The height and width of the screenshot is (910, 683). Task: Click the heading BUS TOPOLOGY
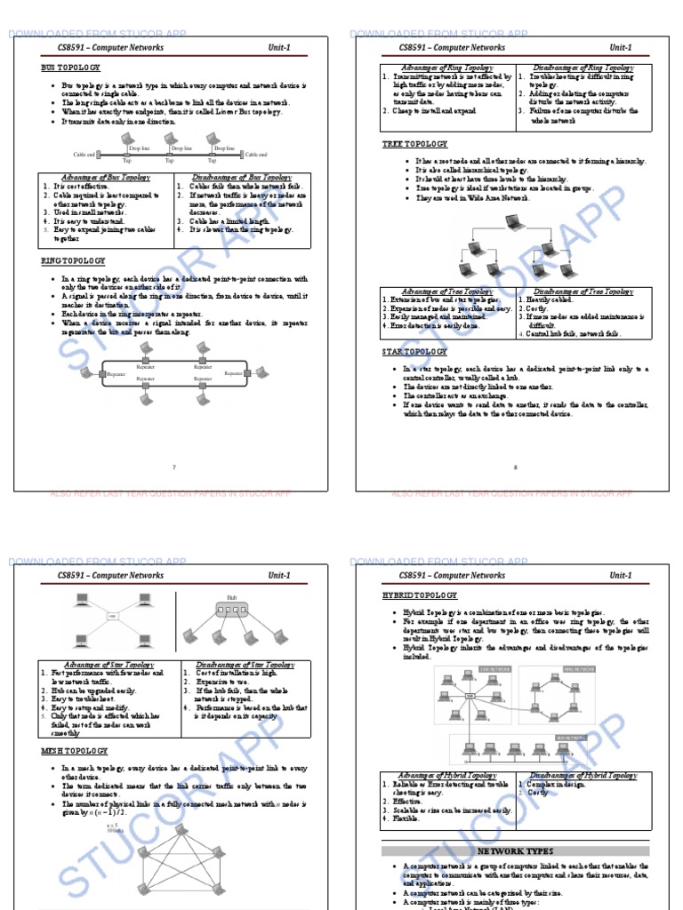click(70, 68)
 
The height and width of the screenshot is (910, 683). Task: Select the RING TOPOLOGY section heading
click(73, 260)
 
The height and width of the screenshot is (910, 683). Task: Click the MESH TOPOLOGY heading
click(74, 751)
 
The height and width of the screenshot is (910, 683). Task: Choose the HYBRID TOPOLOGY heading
click(420, 595)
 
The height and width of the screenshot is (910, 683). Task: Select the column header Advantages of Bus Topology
click(106, 177)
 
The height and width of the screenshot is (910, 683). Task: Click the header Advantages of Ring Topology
click(447, 68)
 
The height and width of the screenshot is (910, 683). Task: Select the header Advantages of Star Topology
click(108, 665)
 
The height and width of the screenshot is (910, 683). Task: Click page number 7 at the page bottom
click(174, 467)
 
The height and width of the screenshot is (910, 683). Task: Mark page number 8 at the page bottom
click(515, 467)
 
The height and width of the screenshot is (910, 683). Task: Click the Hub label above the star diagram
click(232, 598)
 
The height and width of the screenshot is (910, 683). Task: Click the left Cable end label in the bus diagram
click(84, 155)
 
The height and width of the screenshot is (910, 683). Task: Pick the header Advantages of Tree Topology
click(447, 291)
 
